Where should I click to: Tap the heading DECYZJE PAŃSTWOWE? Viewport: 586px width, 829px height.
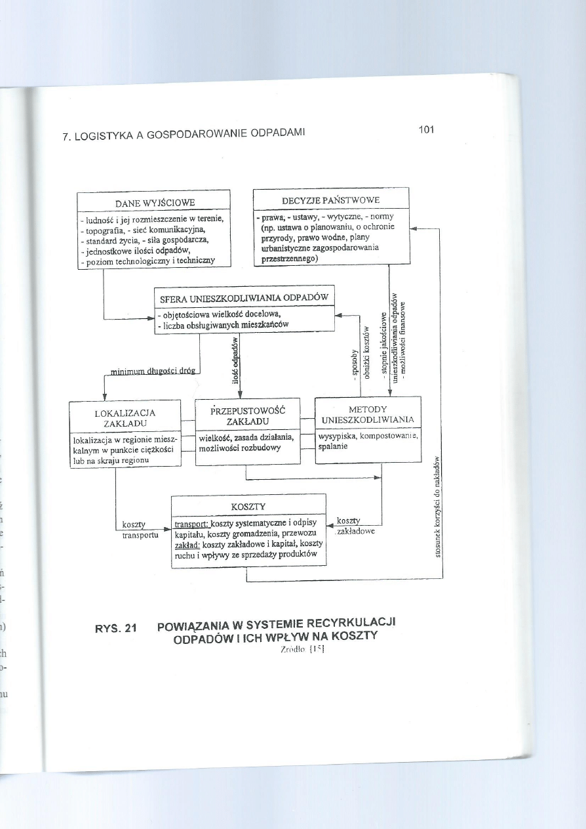coord(330,200)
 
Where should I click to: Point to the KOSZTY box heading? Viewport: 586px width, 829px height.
coord(248,506)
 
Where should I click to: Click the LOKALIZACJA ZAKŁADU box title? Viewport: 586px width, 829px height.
coord(125,419)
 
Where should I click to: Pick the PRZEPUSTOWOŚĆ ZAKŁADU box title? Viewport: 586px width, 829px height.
coord(248,415)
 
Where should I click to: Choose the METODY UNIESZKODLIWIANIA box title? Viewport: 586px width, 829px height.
coord(368,415)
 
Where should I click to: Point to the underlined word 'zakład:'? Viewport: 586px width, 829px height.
coord(187,545)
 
